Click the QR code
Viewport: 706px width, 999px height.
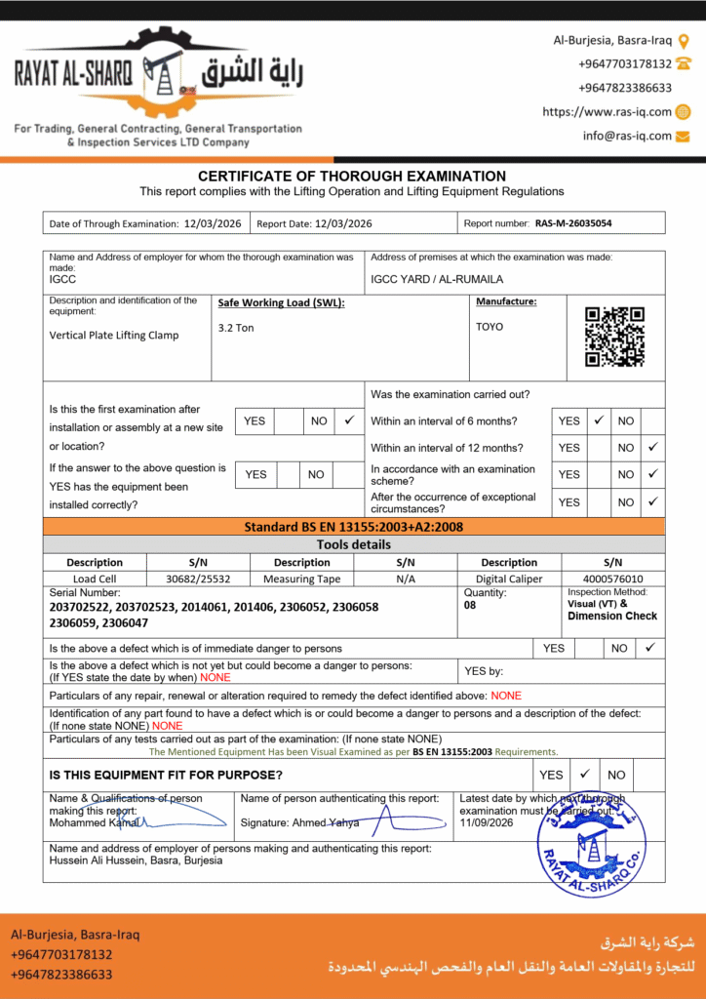[614, 336]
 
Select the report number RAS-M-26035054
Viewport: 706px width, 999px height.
[573, 223]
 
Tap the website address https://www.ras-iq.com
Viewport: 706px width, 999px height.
[607, 112]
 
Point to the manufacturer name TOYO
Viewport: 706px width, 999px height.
[490, 327]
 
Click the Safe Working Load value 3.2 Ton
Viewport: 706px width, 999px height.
[236, 328]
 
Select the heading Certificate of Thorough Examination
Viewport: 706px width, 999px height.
[352, 177]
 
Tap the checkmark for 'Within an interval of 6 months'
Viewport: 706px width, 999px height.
[600, 420]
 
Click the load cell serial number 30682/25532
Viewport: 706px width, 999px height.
[198, 579]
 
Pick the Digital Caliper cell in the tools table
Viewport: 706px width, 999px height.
[509, 579]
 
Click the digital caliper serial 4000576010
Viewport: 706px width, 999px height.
[612, 579]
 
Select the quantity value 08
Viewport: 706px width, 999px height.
[471, 605]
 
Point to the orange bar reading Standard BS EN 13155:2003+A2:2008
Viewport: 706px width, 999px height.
[353, 527]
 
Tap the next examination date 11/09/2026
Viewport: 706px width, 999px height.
[487, 822]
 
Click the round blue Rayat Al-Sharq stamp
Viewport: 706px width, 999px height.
[591, 844]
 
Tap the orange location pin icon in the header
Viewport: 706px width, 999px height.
[684, 40]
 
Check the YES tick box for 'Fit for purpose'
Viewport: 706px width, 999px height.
[585, 775]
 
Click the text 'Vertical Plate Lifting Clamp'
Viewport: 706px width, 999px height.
[114, 335]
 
